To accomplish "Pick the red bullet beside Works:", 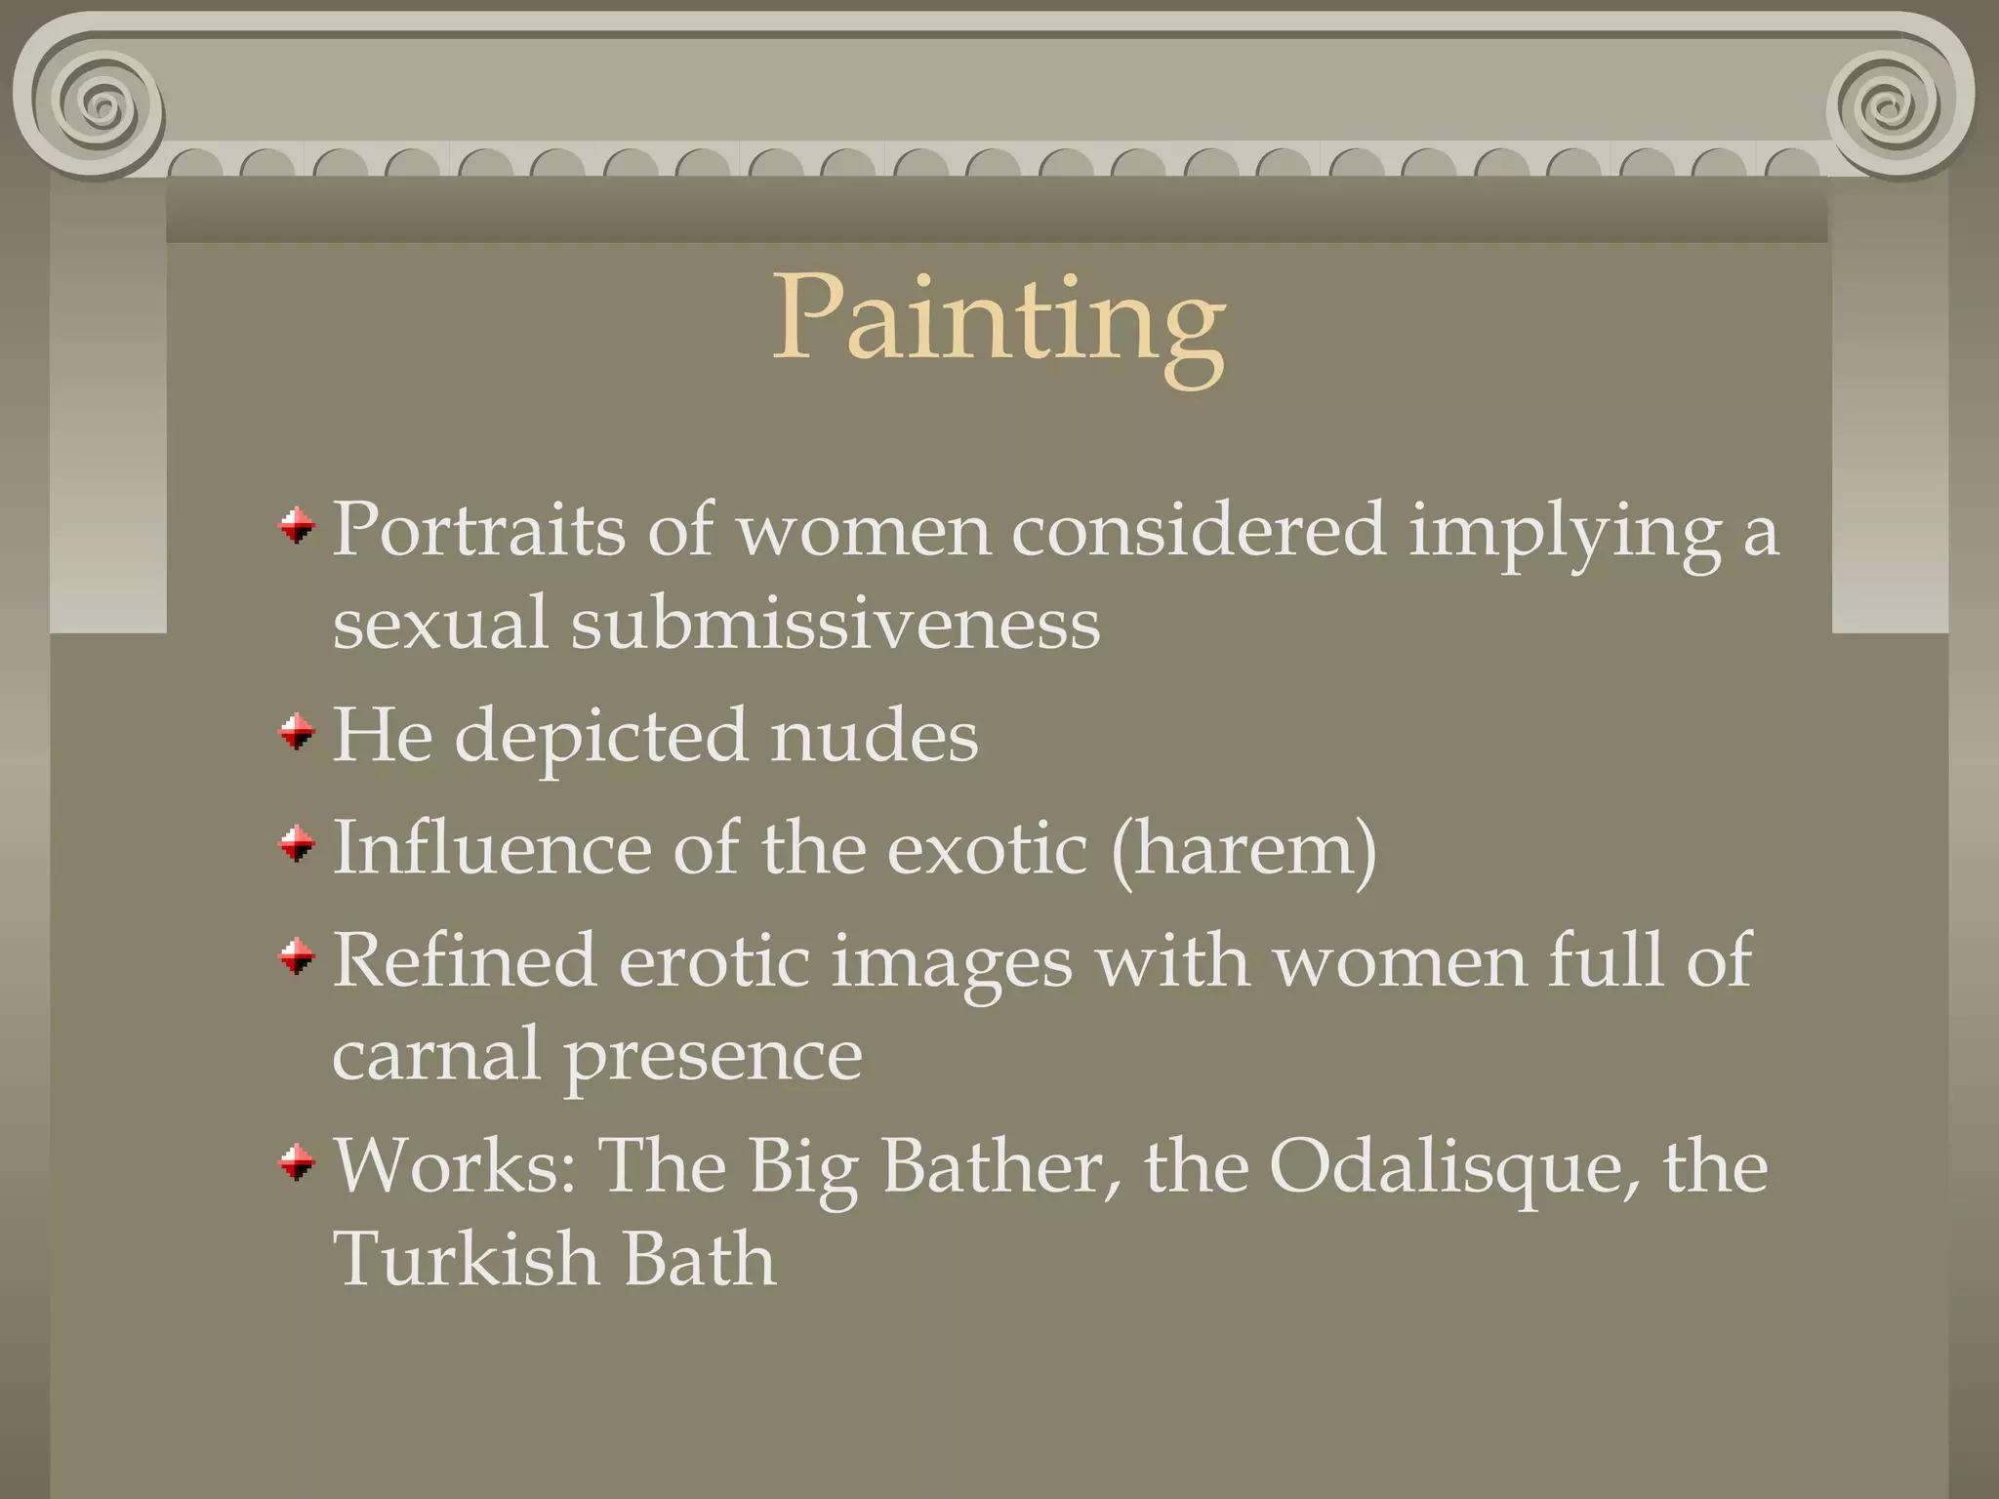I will (x=297, y=1162).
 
